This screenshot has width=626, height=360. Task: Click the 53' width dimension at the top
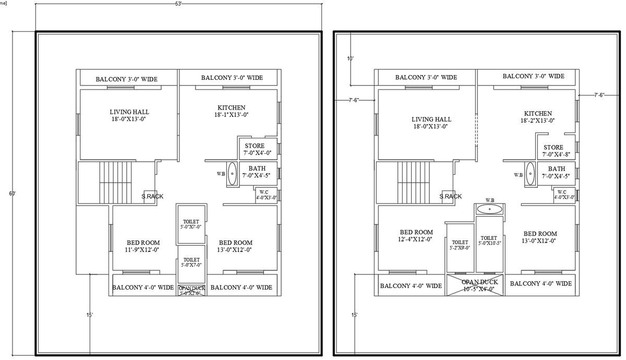(178, 4)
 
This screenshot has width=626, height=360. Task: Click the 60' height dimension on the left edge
(12, 194)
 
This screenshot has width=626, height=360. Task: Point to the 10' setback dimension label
(350, 58)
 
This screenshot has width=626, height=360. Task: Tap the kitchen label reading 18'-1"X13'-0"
(231, 111)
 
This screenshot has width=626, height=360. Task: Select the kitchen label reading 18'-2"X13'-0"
(537, 117)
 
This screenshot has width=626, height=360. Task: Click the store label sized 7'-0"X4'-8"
(553, 151)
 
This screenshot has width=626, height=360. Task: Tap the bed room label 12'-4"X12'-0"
(416, 236)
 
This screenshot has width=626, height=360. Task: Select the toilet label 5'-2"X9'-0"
(460, 245)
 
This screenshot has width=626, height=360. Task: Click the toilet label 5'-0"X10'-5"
(489, 241)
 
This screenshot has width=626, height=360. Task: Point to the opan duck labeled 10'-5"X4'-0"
(480, 285)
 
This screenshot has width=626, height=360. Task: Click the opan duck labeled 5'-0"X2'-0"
(191, 291)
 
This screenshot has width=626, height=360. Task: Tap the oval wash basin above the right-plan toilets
(490, 209)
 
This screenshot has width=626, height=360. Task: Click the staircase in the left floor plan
(115, 182)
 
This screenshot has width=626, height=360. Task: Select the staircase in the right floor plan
(413, 182)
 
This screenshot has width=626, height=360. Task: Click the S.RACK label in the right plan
(450, 197)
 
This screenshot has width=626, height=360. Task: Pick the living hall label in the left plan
(129, 115)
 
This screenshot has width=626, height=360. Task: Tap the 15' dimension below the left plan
(90, 315)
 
